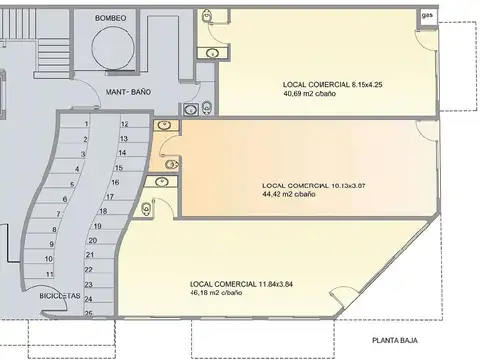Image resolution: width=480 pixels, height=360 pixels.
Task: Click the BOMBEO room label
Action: [110, 18]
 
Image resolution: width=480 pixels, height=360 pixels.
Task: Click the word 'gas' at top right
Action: [427, 15]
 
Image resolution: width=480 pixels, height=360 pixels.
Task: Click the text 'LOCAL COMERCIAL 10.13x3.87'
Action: [313, 186]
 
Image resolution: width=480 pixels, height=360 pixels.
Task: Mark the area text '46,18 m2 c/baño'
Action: [216, 293]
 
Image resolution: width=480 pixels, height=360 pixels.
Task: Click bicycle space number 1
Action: [86, 124]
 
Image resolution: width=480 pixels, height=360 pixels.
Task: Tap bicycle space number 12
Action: [124, 124]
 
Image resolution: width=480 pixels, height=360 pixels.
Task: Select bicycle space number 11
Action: [49, 273]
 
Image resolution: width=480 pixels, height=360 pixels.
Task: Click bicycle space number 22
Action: [89, 269]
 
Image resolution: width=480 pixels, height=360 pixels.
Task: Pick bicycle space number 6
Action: [66, 199]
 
